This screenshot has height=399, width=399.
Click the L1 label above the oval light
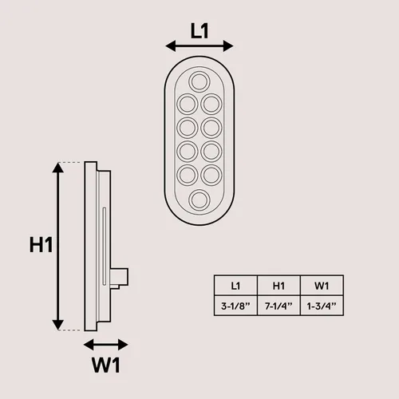[199, 31]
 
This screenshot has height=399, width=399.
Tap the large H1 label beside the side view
[41, 245]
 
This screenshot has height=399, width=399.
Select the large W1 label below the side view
[106, 365]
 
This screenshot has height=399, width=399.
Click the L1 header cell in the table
[235, 286]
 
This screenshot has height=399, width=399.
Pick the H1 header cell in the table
[279, 286]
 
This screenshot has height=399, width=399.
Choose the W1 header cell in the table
[322, 286]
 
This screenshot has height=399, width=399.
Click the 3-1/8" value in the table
[235, 306]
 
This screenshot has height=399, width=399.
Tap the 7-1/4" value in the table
[279, 306]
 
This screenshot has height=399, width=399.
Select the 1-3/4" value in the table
[322, 306]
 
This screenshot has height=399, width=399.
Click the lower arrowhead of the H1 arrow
[58, 325]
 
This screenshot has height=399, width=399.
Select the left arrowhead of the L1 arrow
[171, 46]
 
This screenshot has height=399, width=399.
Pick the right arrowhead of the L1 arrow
[228, 46]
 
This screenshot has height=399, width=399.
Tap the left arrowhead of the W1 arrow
[89, 345]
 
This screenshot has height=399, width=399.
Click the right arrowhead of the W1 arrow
[123, 345]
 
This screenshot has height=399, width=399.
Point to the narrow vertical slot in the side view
[105, 247]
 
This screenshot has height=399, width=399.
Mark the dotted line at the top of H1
[69, 162]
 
